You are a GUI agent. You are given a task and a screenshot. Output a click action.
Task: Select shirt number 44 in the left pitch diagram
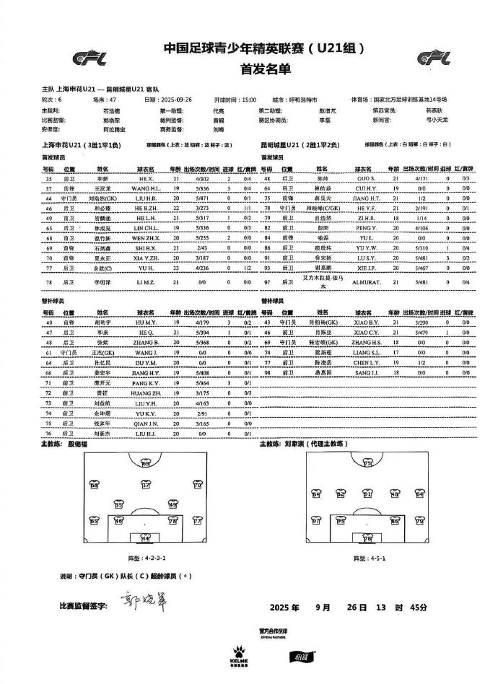[145, 538]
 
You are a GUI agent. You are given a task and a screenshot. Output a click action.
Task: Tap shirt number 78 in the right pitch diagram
[367, 538]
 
